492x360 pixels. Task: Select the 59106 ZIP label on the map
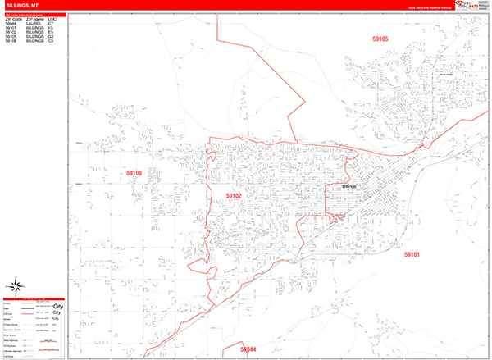click(134, 173)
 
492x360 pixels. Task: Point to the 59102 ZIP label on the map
click(235, 196)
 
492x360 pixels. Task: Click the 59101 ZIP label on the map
click(412, 255)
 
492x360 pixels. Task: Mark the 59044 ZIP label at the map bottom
click(248, 349)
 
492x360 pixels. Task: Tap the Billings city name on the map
click(350, 188)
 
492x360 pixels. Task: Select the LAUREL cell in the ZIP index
click(34, 23)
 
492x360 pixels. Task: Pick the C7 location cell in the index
click(51, 23)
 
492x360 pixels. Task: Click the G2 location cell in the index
click(51, 36)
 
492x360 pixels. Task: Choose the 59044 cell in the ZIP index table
click(11, 23)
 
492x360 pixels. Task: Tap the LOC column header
click(52, 18)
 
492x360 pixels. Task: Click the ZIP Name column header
click(34, 18)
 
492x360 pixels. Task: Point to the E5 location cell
click(51, 32)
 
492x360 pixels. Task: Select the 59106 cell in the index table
click(11, 41)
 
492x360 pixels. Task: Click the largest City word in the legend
click(58, 307)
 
